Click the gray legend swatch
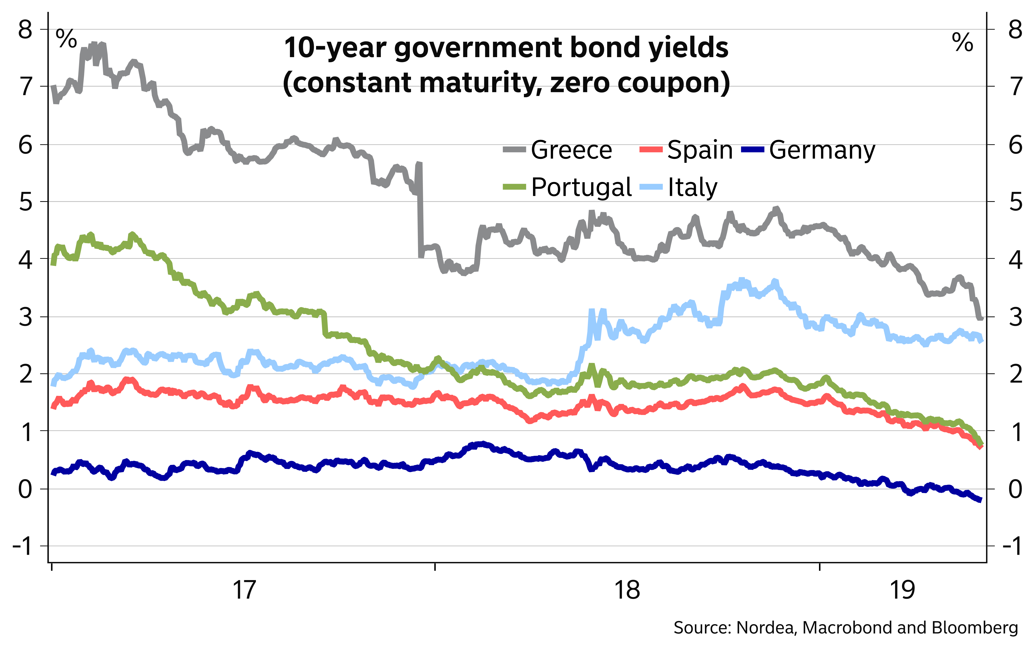[x=514, y=149]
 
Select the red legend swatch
[x=651, y=149]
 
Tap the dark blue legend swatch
[x=752, y=149]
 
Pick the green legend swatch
[x=514, y=187]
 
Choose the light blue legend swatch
[x=651, y=187]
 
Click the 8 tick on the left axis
[x=25, y=30]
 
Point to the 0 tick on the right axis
[x=1015, y=489]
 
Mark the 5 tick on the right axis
[x=1015, y=202]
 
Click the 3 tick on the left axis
[x=25, y=317]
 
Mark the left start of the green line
[x=53, y=263]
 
